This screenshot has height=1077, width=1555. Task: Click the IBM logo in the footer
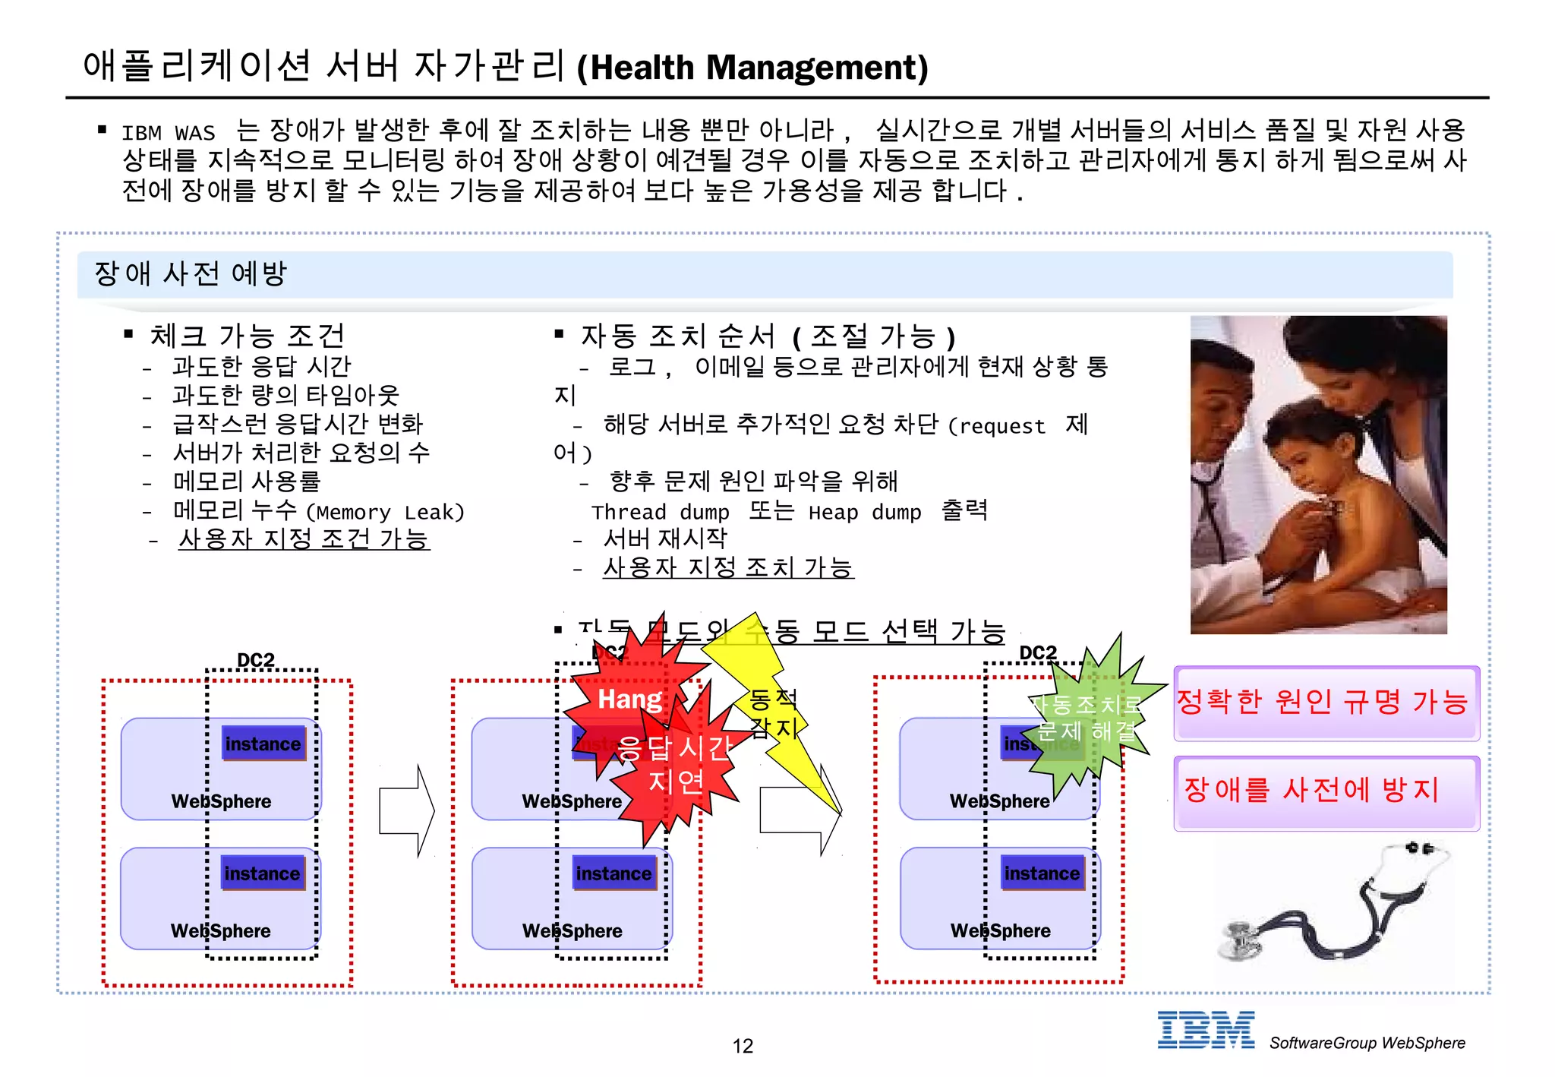point(1205,1031)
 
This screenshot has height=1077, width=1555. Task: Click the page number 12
point(742,1046)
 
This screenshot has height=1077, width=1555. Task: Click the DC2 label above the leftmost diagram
point(256,659)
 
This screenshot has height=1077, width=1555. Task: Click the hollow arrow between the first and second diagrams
point(407,810)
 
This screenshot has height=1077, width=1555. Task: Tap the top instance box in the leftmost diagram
point(263,744)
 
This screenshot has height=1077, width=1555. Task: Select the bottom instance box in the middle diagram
point(613,873)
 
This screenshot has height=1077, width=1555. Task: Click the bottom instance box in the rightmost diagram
point(1042,873)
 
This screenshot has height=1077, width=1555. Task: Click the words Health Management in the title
point(752,68)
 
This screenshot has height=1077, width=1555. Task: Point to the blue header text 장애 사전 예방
point(191,273)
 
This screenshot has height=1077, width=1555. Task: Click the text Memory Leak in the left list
point(385,513)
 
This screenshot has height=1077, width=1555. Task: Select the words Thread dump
point(660,513)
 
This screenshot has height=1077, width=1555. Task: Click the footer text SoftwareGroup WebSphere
point(1367,1043)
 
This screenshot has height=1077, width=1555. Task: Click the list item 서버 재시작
point(665,539)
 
